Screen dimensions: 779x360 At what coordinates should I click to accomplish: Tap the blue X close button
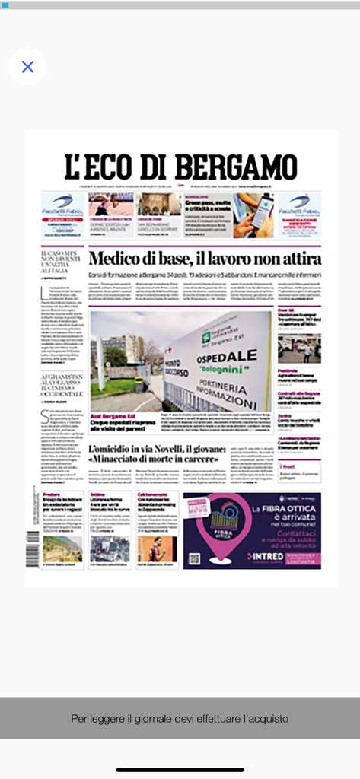27,67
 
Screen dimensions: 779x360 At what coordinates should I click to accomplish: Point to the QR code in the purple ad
194,557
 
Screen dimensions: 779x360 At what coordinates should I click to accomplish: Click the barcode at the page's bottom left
33,545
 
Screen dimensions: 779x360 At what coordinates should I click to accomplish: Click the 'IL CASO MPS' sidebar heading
60,260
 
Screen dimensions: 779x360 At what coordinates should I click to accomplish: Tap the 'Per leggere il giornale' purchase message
180,718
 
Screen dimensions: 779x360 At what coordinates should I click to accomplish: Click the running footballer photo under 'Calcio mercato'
157,548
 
